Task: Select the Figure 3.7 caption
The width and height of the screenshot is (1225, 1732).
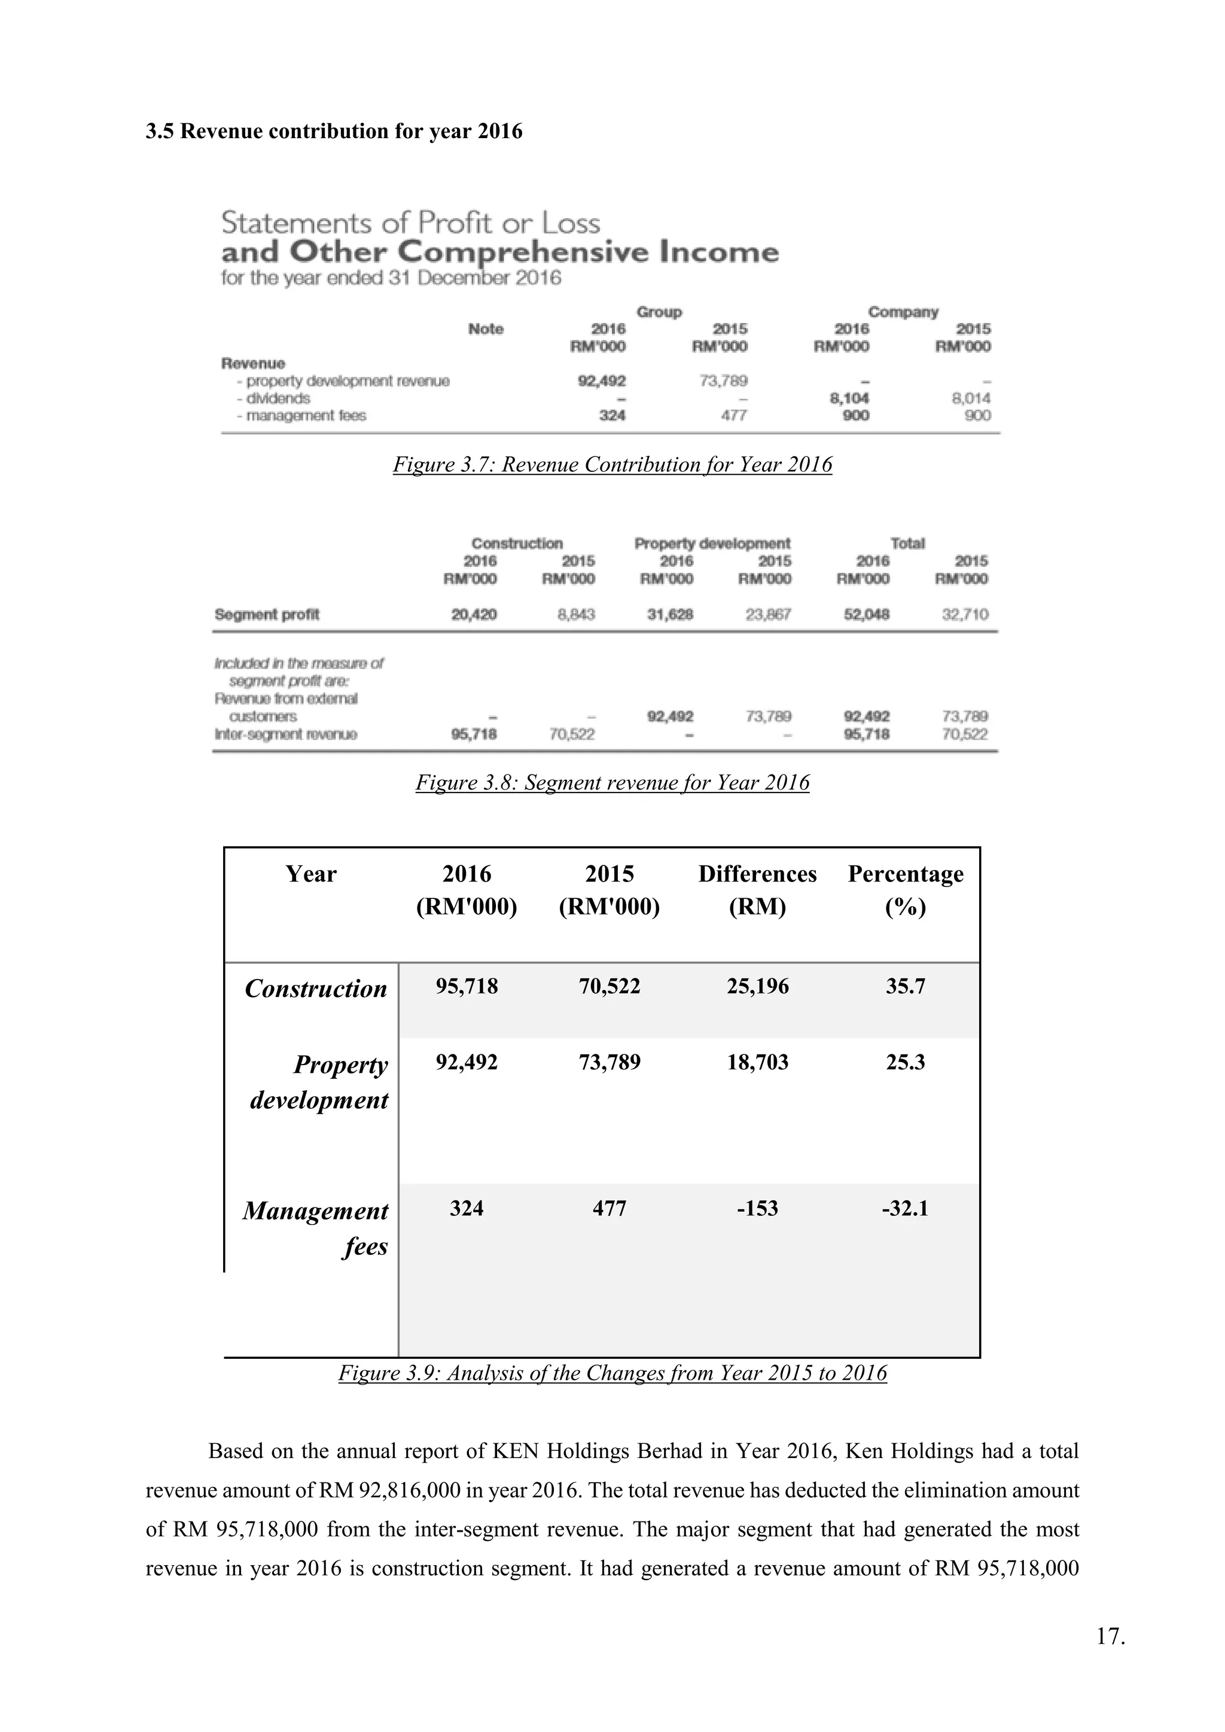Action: pos(612,465)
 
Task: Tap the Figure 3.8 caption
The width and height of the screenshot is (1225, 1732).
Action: pos(612,783)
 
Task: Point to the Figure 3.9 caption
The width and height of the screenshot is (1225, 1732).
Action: pos(612,1373)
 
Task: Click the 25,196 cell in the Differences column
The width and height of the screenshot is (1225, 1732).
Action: pos(757,987)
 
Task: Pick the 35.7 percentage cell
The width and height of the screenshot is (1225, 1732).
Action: pos(905,987)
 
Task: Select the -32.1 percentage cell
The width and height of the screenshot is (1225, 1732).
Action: pos(905,1209)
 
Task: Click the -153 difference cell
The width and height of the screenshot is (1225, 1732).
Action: pos(757,1209)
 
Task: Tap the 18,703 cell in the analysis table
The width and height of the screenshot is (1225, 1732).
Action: pos(757,1062)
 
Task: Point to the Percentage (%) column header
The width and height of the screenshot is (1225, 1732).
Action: pos(905,890)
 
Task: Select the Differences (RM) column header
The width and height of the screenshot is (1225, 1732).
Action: pos(757,890)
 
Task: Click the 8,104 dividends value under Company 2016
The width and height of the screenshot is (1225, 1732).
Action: pos(849,398)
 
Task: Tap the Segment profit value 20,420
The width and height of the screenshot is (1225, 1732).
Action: pos(474,615)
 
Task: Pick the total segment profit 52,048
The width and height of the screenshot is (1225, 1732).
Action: pos(866,615)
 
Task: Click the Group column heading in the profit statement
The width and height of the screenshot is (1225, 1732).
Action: pos(659,312)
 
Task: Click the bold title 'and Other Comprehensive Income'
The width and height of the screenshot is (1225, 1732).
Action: pos(499,252)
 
